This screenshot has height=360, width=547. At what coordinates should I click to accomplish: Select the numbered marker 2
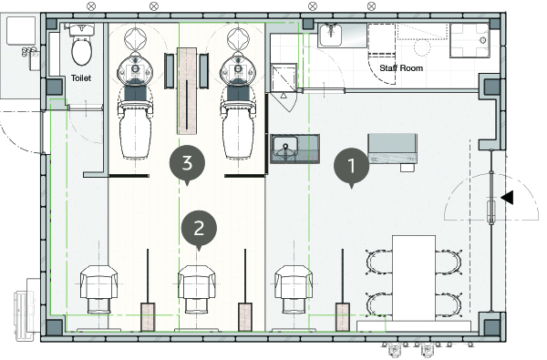[x=199, y=229]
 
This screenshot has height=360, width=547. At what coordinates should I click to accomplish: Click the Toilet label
[x=81, y=78]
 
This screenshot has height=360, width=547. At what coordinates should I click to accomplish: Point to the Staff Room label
[x=401, y=68]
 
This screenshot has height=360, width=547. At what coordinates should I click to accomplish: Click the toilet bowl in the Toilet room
[x=82, y=51]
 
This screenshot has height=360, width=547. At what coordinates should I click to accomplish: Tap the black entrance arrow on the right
[x=507, y=198]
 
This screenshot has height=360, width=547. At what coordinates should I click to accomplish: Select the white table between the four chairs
[x=414, y=278]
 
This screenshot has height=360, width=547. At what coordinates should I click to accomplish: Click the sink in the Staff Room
[x=330, y=35]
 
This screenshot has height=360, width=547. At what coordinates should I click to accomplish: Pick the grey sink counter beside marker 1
[x=295, y=149]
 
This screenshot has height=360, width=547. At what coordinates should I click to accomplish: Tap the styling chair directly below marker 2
[x=197, y=289]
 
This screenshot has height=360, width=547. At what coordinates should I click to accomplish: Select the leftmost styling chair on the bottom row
[x=98, y=289]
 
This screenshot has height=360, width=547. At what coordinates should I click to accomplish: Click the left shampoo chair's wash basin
[x=135, y=68]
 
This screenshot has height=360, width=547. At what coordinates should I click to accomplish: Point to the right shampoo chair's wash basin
[x=238, y=68]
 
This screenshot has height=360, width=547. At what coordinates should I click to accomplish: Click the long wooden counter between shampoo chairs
[x=187, y=91]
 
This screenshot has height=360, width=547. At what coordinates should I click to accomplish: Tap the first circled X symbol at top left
[x=91, y=6]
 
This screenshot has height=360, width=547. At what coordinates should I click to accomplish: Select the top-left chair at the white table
[x=379, y=262]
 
